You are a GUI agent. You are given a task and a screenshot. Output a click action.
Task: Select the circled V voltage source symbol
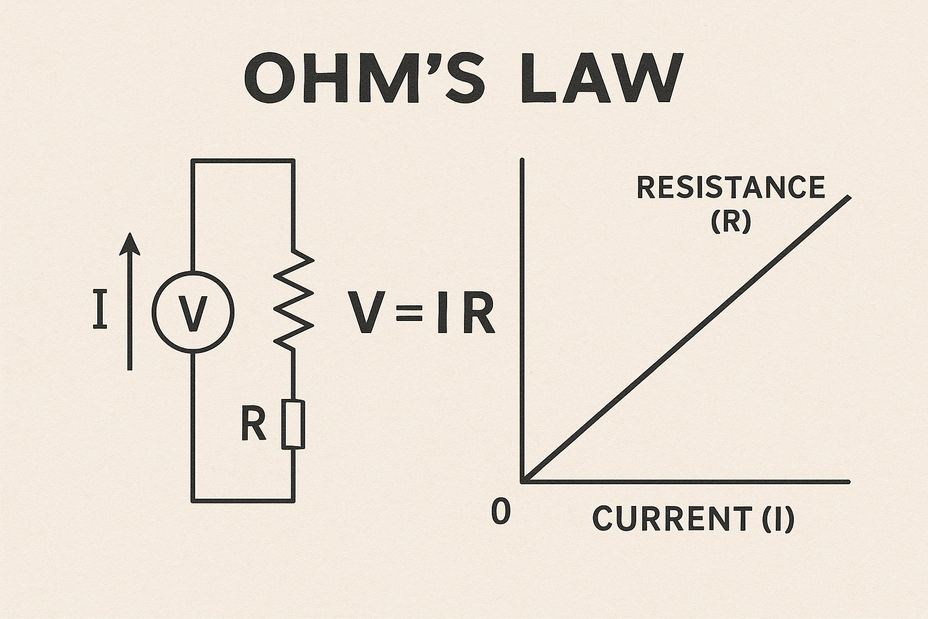[192, 312]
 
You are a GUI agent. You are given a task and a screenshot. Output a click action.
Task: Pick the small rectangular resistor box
[293, 424]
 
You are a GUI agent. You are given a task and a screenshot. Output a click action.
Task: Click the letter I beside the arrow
[100, 309]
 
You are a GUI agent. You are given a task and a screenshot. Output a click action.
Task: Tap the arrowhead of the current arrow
[130, 244]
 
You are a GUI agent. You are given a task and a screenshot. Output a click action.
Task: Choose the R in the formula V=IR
[478, 314]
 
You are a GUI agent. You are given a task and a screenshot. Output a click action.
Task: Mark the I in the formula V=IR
[442, 314]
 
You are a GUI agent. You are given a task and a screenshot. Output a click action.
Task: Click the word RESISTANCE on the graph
[730, 187]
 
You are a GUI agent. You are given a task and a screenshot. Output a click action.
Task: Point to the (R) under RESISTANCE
[730, 222]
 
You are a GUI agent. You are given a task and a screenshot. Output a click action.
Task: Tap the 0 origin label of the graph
[501, 512]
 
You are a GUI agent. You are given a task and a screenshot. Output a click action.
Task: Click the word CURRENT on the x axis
[670, 518]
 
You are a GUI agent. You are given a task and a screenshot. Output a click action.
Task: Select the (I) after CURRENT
[777, 518]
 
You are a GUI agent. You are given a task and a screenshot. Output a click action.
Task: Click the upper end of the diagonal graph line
[849, 198]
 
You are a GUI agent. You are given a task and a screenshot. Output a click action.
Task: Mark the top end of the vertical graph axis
[521, 160]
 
